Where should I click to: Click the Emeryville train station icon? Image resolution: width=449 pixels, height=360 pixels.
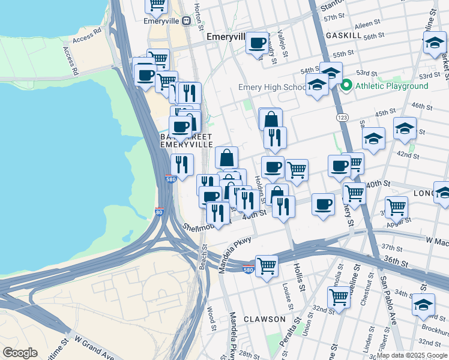[186, 20]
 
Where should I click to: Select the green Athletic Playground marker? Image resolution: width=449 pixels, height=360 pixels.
[346, 86]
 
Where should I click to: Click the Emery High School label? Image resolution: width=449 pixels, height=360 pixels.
[272, 88]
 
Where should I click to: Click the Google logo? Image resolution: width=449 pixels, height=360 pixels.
[20, 353]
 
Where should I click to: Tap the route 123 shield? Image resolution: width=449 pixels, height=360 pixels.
[342, 117]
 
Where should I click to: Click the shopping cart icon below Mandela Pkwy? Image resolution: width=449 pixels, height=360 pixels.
[267, 265]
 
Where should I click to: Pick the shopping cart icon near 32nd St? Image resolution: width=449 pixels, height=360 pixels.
[339, 296]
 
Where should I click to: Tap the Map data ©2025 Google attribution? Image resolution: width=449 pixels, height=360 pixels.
[412, 355]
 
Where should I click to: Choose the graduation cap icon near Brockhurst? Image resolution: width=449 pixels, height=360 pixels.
[423, 304]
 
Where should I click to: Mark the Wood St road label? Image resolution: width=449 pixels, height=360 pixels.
[211, 317]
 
